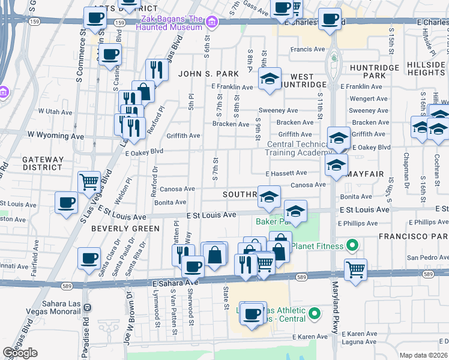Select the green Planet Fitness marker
point(352,245)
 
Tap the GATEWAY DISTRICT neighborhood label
point(43,164)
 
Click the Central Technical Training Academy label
point(299,148)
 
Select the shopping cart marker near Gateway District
point(89,181)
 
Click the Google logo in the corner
point(20,353)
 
